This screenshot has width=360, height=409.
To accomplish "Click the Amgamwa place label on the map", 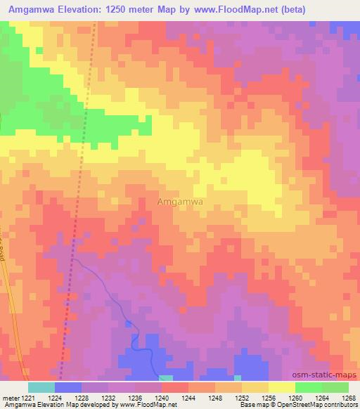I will coord(180,201).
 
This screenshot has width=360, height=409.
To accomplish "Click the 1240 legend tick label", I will coord(162,398).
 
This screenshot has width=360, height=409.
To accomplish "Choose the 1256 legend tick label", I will coord(269,398).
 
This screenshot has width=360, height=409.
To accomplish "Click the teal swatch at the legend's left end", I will coord(41,387).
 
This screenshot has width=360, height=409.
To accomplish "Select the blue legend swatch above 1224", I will coord(68,387).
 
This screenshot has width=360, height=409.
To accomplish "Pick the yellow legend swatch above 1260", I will coord(281,387).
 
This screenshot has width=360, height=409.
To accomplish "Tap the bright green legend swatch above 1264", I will coord(308,387).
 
